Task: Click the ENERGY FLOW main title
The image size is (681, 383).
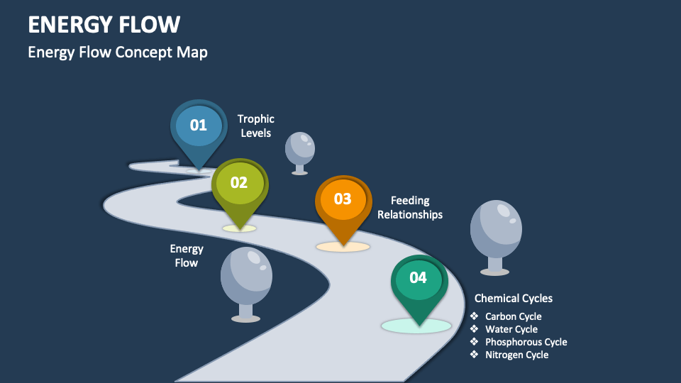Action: coord(104,24)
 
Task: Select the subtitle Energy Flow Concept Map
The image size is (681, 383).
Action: coord(118,52)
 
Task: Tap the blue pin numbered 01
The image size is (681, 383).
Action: coord(199,126)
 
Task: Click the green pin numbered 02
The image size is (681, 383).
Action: coord(239,183)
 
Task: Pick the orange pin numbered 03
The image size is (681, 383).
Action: coord(343,199)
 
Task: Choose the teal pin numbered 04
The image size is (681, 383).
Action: coord(419,278)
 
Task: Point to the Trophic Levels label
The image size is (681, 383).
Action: coord(255,126)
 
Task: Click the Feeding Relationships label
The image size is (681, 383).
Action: coord(410,207)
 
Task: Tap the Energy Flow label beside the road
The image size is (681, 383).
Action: coord(187,255)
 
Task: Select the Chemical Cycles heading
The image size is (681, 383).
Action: coord(514,299)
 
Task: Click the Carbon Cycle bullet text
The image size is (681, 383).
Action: coord(513,316)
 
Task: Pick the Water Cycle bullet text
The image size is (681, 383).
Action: coord(511,329)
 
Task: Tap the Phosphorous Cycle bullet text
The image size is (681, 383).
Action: coord(526,342)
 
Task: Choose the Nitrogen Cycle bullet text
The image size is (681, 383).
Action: coord(516,355)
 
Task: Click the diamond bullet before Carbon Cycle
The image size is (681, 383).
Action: coord(474,316)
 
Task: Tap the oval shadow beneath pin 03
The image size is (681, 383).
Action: coord(343,247)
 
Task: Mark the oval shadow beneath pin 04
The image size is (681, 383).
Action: coord(416,326)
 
